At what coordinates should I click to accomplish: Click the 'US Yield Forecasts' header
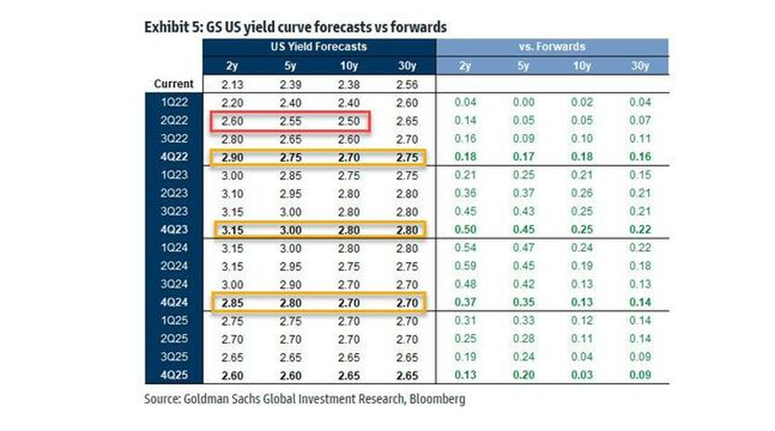click(x=318, y=48)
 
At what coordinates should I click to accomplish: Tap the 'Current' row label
click(x=174, y=84)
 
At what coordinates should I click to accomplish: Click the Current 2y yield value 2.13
click(x=231, y=84)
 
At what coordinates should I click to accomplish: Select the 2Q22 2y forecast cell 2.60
click(x=231, y=121)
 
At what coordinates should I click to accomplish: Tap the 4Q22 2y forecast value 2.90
click(x=231, y=158)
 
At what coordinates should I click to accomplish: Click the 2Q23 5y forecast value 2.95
click(x=290, y=194)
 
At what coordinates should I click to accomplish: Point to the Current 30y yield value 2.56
click(x=405, y=84)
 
